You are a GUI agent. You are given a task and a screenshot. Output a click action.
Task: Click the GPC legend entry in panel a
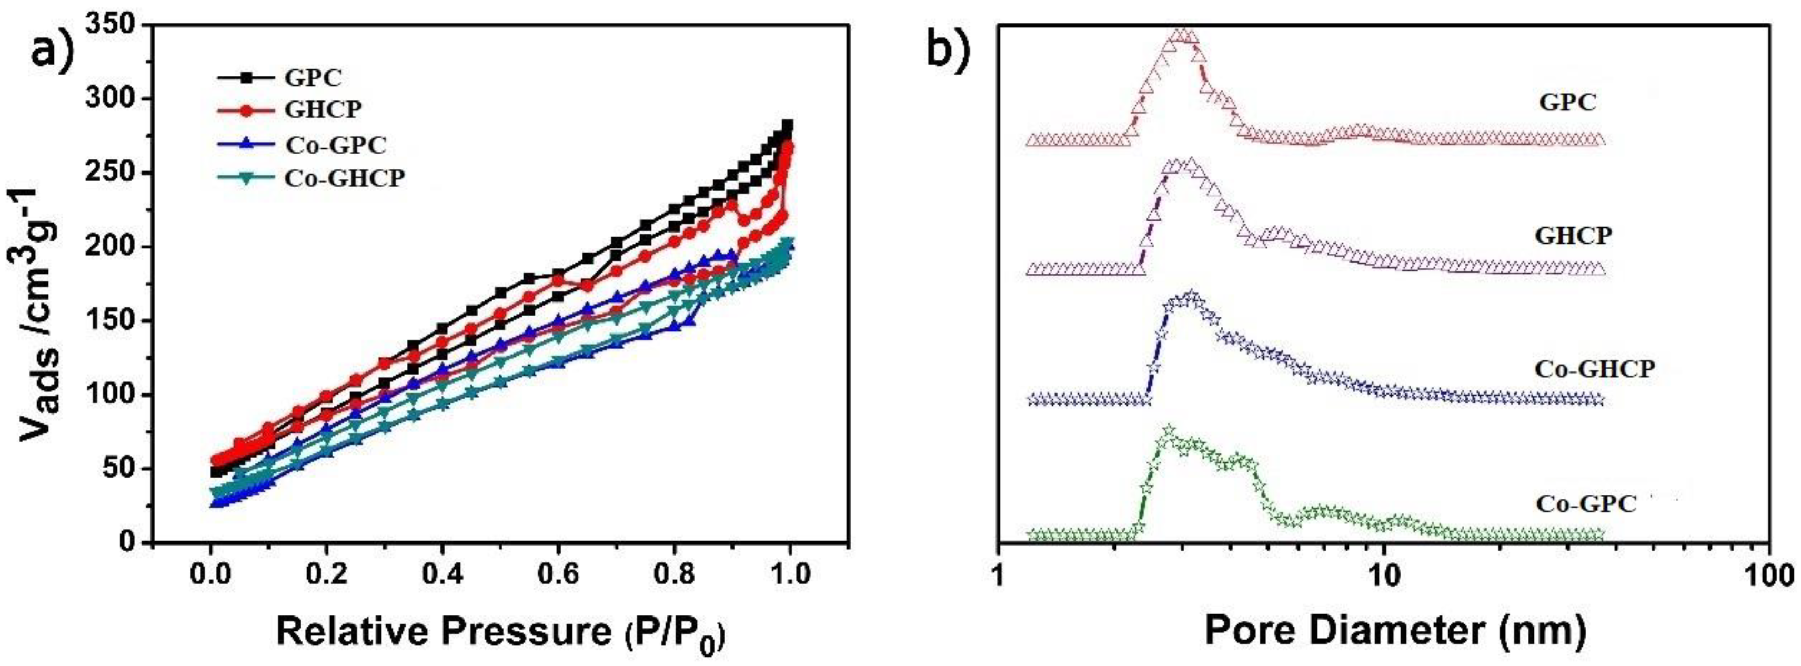click(313, 77)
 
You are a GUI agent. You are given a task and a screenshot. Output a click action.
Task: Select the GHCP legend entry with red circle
click(323, 110)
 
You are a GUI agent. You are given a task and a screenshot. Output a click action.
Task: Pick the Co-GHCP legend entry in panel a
click(344, 178)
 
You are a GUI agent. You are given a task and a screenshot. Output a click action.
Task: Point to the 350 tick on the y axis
click(115, 25)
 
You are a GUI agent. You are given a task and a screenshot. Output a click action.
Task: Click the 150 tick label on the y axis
click(115, 321)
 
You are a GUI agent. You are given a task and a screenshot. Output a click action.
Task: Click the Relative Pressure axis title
click(500, 632)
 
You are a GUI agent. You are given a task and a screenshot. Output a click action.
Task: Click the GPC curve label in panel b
click(1567, 103)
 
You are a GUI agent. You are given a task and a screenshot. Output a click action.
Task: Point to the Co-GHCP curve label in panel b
click(1594, 369)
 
